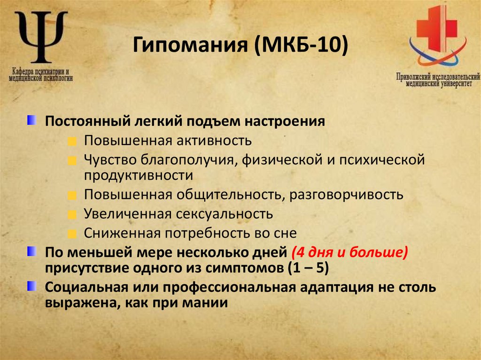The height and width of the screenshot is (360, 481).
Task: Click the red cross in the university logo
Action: coord(436,29)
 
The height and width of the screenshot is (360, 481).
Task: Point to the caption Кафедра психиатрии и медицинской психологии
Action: coord(41,75)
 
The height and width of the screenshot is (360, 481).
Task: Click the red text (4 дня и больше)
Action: coord(349,253)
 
